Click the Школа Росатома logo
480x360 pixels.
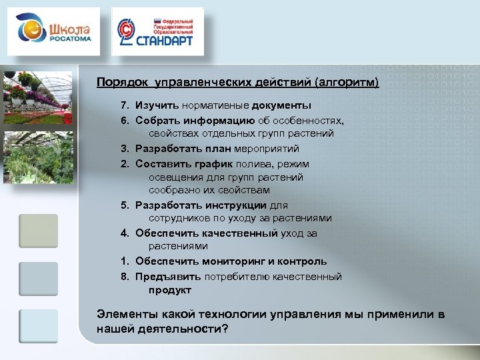[53, 31]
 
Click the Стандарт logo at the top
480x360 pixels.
[157, 31]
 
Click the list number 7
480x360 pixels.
[124, 105]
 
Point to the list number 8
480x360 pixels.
[124, 276]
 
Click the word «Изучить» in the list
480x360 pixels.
[158, 105]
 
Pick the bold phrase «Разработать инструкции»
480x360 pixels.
[201, 205]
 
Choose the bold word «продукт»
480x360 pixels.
[170, 290]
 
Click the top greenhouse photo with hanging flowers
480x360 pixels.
[38, 97]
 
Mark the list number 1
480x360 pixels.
[124, 261]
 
